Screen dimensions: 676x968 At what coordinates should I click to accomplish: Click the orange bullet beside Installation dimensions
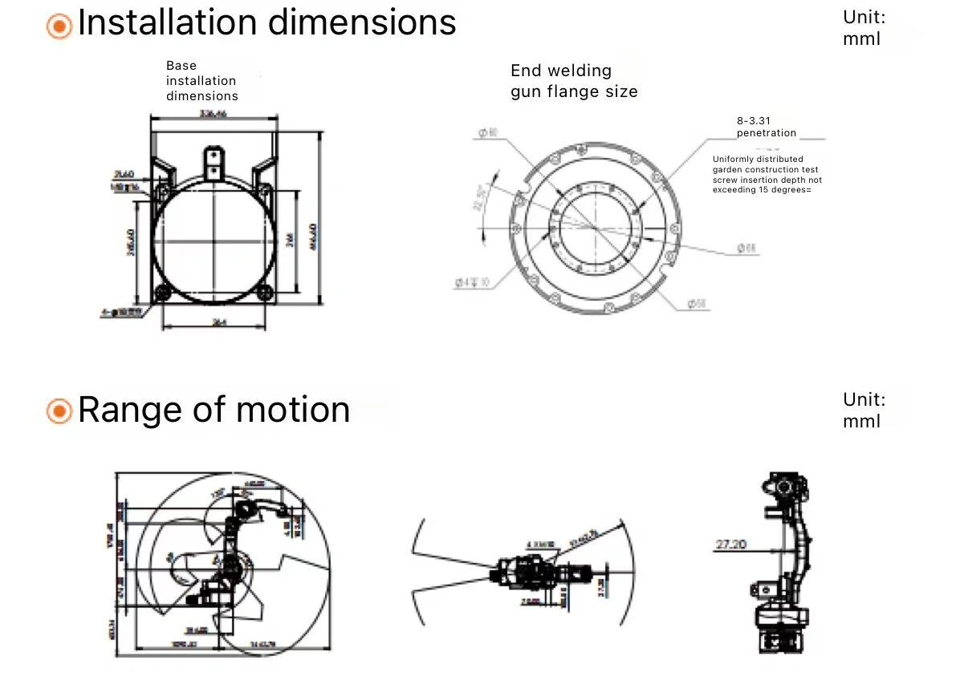[x=59, y=26]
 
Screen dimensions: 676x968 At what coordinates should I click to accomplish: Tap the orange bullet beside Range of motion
[x=59, y=411]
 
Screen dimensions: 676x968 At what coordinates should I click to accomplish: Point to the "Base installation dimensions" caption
[x=201, y=81]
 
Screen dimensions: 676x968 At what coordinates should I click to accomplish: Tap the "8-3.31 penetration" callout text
[x=766, y=127]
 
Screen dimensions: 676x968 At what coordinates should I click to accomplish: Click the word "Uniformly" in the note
[x=731, y=159]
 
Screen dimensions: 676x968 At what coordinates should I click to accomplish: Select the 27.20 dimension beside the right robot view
[x=730, y=545]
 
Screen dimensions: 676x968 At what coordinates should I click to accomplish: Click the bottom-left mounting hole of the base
[x=162, y=292]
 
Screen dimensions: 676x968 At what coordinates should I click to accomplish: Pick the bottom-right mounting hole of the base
[x=265, y=292]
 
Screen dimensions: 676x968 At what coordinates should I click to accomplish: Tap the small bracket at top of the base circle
[x=214, y=160]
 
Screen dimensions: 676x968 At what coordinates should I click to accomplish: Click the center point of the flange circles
[x=595, y=227]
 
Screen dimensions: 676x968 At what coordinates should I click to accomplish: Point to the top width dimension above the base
[x=213, y=114]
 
